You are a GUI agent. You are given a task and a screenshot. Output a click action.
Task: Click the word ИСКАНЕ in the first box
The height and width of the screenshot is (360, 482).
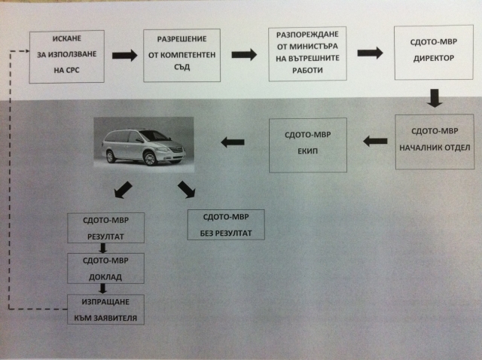(x=67, y=38)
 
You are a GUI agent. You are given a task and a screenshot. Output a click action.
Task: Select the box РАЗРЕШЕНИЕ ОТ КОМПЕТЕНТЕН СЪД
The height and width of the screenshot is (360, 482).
(x=182, y=55)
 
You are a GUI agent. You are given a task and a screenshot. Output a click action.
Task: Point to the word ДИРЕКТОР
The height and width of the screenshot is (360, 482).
(x=434, y=58)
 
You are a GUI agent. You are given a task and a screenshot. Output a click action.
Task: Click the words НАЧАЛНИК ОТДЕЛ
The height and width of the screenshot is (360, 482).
(x=435, y=148)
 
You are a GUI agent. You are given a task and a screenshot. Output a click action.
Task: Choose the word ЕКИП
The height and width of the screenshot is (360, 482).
(x=308, y=151)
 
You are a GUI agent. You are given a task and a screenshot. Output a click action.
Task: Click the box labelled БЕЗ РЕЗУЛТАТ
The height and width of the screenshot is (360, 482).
(x=226, y=224)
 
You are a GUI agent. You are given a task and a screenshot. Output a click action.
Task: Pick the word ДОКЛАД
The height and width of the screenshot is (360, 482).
(x=105, y=277)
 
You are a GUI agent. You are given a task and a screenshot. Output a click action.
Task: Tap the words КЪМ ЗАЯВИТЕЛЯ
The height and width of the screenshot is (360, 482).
(x=105, y=318)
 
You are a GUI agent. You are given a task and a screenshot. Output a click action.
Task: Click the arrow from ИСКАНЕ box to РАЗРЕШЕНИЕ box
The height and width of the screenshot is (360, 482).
(x=124, y=56)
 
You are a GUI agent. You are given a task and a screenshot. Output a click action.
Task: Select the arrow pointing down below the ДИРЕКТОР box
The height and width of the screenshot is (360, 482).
(x=435, y=98)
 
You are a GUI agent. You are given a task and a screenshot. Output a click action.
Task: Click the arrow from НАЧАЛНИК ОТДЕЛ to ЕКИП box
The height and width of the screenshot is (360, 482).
(x=375, y=142)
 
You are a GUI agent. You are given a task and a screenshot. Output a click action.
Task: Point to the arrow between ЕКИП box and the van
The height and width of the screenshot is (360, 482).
(x=233, y=142)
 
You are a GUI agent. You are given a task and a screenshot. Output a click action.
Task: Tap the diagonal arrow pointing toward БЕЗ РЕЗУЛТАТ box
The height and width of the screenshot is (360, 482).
(x=186, y=189)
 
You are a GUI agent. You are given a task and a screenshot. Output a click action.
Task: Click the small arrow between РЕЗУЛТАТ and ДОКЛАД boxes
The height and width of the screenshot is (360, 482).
(x=103, y=248)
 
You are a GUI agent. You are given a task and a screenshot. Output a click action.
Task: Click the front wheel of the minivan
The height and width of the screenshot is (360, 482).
(x=150, y=159)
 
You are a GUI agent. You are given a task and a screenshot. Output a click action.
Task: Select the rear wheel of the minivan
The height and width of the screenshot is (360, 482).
(x=111, y=157)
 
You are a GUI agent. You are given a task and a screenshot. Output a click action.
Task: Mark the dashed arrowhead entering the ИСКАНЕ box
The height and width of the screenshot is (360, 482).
(x=27, y=51)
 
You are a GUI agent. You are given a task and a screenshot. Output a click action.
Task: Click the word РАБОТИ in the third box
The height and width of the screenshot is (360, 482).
(x=307, y=70)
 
